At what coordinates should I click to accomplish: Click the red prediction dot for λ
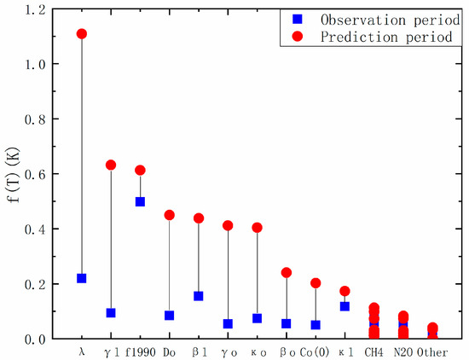[x=82, y=34]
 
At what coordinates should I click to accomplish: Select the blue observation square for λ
[x=82, y=278]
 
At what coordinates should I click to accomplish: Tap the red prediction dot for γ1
[x=111, y=165]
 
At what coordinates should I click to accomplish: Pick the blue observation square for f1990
[x=140, y=201]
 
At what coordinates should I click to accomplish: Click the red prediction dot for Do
[x=169, y=215]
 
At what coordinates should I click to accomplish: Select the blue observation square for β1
[x=199, y=296]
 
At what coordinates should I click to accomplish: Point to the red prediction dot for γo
[x=228, y=225]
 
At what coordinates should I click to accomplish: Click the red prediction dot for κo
[x=257, y=228]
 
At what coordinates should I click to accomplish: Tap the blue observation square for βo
[x=287, y=323]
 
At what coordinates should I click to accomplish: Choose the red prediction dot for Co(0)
[x=316, y=283]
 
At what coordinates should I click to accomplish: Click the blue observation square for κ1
[x=345, y=306]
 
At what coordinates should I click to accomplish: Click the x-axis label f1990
[x=140, y=351]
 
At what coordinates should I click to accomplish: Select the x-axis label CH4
[x=373, y=351]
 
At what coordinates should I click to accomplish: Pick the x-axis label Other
[x=432, y=351]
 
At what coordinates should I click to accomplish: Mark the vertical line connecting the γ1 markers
[x=111, y=239]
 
